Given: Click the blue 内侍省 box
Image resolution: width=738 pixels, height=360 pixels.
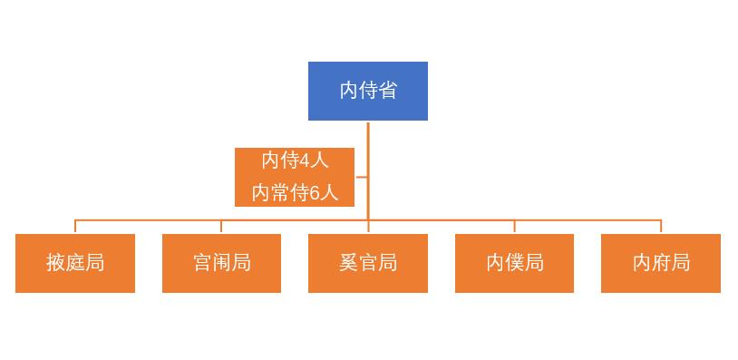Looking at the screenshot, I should [367, 91].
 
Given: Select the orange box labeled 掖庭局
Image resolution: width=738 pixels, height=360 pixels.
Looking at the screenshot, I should [75, 263].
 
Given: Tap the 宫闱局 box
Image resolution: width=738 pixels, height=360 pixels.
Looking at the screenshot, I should [221, 263].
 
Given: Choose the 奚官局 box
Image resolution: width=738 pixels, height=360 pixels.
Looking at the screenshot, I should [367, 263].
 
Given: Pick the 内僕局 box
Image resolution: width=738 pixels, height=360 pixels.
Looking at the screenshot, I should [514, 263].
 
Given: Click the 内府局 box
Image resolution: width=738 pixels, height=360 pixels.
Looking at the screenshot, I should [661, 263].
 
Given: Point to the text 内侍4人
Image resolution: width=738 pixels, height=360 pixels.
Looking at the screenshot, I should [295, 161].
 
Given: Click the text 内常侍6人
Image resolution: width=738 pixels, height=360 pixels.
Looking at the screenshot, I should [295, 192].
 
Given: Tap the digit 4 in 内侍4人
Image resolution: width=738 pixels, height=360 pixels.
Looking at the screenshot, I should [305, 161].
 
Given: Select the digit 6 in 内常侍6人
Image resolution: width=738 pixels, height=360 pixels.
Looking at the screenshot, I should [316, 192].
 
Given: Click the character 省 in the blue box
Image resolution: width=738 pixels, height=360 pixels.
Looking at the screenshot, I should [387, 91].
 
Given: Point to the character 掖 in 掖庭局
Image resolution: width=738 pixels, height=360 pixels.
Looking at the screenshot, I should [56, 263].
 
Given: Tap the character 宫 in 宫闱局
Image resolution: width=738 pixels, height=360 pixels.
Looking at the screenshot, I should [202, 263].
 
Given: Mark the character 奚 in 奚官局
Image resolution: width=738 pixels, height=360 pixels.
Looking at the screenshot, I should [348, 263].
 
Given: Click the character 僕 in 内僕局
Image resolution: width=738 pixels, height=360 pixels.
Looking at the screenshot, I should [514, 263].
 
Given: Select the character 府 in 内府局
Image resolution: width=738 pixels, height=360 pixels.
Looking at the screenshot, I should [661, 263].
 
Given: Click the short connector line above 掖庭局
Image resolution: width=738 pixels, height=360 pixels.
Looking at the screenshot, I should [75, 227].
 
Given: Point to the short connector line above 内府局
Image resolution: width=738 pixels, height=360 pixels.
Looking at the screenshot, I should [661, 227].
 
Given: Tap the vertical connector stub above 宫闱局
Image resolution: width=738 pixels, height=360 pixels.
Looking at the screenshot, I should [221, 227].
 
